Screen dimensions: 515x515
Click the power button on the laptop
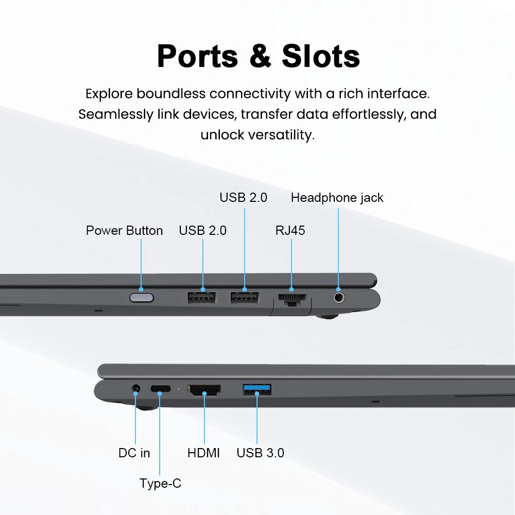click(142, 298)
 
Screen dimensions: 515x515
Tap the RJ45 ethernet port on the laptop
click(292, 299)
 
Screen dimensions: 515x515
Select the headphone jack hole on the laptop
click(339, 298)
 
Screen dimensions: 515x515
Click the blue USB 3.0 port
click(257, 389)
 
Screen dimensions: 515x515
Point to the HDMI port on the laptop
click(204, 390)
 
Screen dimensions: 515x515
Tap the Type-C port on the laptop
click(161, 388)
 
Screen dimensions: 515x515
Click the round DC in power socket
click(135, 389)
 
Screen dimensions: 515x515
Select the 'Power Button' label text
click(124, 231)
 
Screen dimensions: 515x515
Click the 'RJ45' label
click(290, 231)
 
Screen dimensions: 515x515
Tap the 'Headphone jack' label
click(337, 198)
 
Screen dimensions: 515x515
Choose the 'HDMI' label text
click(203, 453)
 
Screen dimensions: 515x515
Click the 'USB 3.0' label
click(260, 453)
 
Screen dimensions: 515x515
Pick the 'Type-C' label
click(160, 483)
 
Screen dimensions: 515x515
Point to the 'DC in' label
click(134, 453)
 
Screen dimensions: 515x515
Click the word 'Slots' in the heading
click(321, 56)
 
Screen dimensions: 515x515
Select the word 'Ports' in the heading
click(197, 57)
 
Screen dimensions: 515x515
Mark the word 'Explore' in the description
click(109, 94)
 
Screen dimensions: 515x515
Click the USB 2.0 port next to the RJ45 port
click(245, 298)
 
